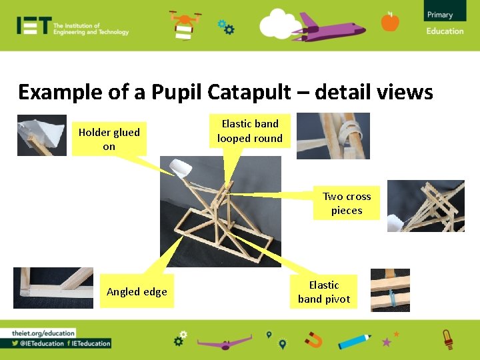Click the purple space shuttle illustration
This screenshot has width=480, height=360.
tap(333, 27)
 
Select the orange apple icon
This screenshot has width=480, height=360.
tap(390, 22)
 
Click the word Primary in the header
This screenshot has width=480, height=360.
tap(440, 15)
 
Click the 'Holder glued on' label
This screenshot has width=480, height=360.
tap(109, 139)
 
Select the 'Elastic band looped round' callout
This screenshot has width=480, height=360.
tap(250, 131)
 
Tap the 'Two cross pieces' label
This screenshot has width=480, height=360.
tap(347, 203)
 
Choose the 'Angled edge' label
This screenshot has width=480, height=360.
tap(137, 291)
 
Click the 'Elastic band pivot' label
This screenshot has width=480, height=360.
tap(324, 292)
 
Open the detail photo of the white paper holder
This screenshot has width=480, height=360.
tap(41, 135)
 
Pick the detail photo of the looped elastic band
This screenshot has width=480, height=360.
tap(333, 136)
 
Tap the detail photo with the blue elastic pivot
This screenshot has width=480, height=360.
tap(390, 289)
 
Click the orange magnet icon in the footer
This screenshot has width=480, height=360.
tap(313, 341)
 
